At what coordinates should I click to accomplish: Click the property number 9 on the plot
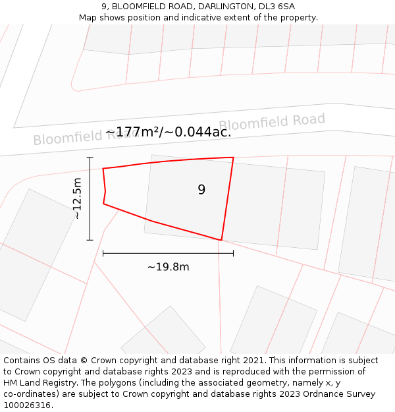pos(201,190)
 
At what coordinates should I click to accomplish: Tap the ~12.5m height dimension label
pos(77,198)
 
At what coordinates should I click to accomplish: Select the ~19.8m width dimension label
pos(168,267)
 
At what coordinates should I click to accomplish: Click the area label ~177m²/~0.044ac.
pos(168,132)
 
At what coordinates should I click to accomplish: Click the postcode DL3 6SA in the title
pos(277,7)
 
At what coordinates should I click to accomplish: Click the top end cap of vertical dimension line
pos(90,158)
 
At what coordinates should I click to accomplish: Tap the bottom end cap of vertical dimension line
pos(90,240)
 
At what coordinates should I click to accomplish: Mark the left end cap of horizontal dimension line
pos(103,253)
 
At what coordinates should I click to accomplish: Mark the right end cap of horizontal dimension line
pos(233,253)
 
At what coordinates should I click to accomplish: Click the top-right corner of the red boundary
pos(233,158)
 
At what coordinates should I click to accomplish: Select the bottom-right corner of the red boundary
pos(221,240)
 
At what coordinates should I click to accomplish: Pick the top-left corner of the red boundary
pos(103,169)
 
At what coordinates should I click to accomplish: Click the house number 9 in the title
pos(104,7)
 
